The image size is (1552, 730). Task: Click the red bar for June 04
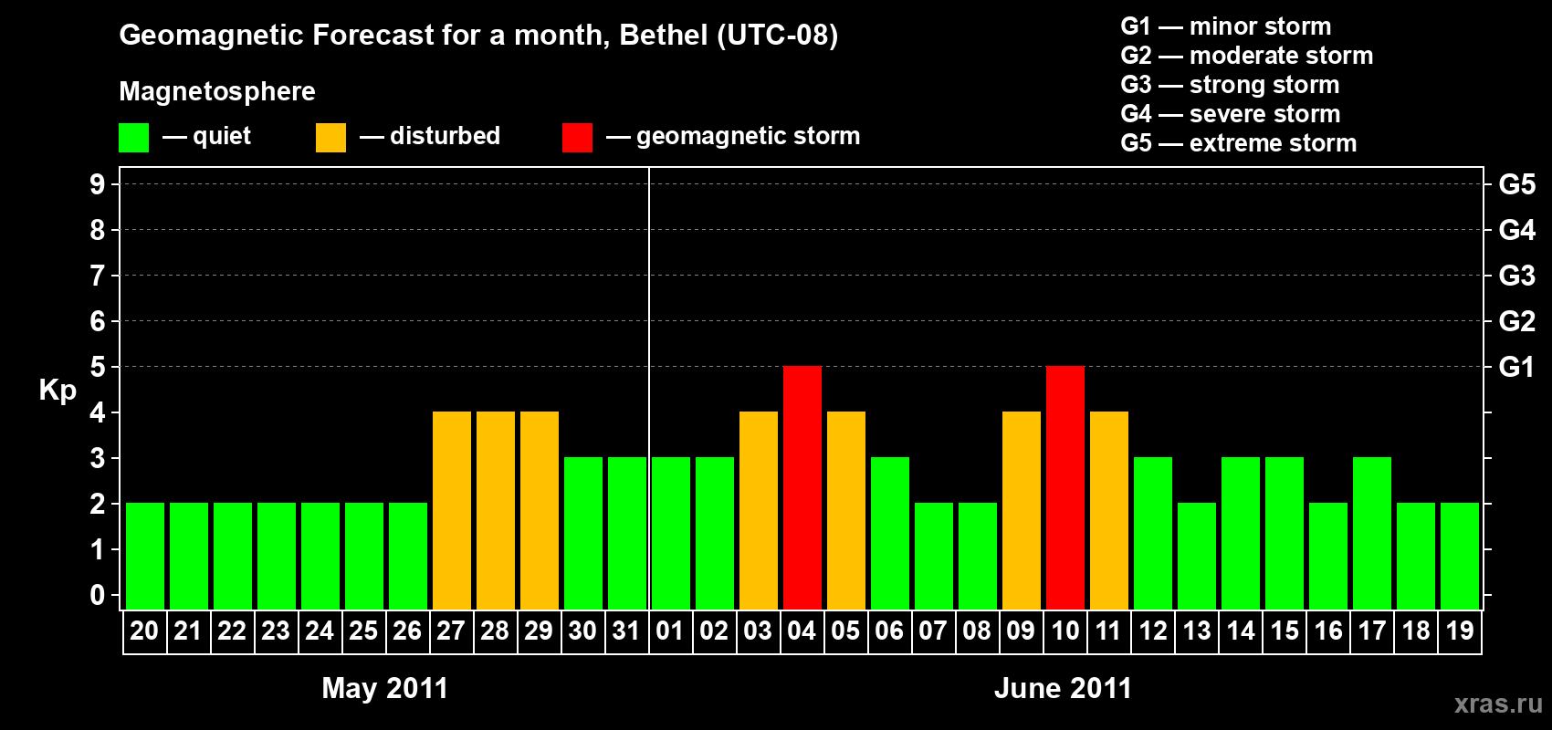[x=802, y=487]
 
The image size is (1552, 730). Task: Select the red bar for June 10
[x=1065, y=487]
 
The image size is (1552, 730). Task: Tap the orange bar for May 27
[x=452, y=510]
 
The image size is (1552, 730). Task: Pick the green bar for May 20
[x=145, y=556]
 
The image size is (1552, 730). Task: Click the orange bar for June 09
[x=1022, y=510]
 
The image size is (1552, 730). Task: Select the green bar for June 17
[x=1372, y=533]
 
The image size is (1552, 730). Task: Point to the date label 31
[x=626, y=631]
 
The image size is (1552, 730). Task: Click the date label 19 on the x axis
[x=1460, y=631]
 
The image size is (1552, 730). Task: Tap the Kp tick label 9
[x=98, y=184]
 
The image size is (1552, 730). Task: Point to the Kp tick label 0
[x=98, y=596]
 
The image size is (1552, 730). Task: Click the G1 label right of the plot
[x=1516, y=367]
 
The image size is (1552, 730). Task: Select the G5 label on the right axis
[x=1516, y=184]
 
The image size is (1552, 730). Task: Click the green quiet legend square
[x=134, y=138]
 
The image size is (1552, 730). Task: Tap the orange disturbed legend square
[x=331, y=138]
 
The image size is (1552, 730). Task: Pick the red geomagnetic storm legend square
[x=577, y=138]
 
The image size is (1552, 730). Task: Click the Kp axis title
[x=58, y=391]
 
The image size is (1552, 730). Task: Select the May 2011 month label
[x=384, y=688]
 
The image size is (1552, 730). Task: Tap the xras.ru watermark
[x=1497, y=704]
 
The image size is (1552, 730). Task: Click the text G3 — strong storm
[x=1230, y=85]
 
